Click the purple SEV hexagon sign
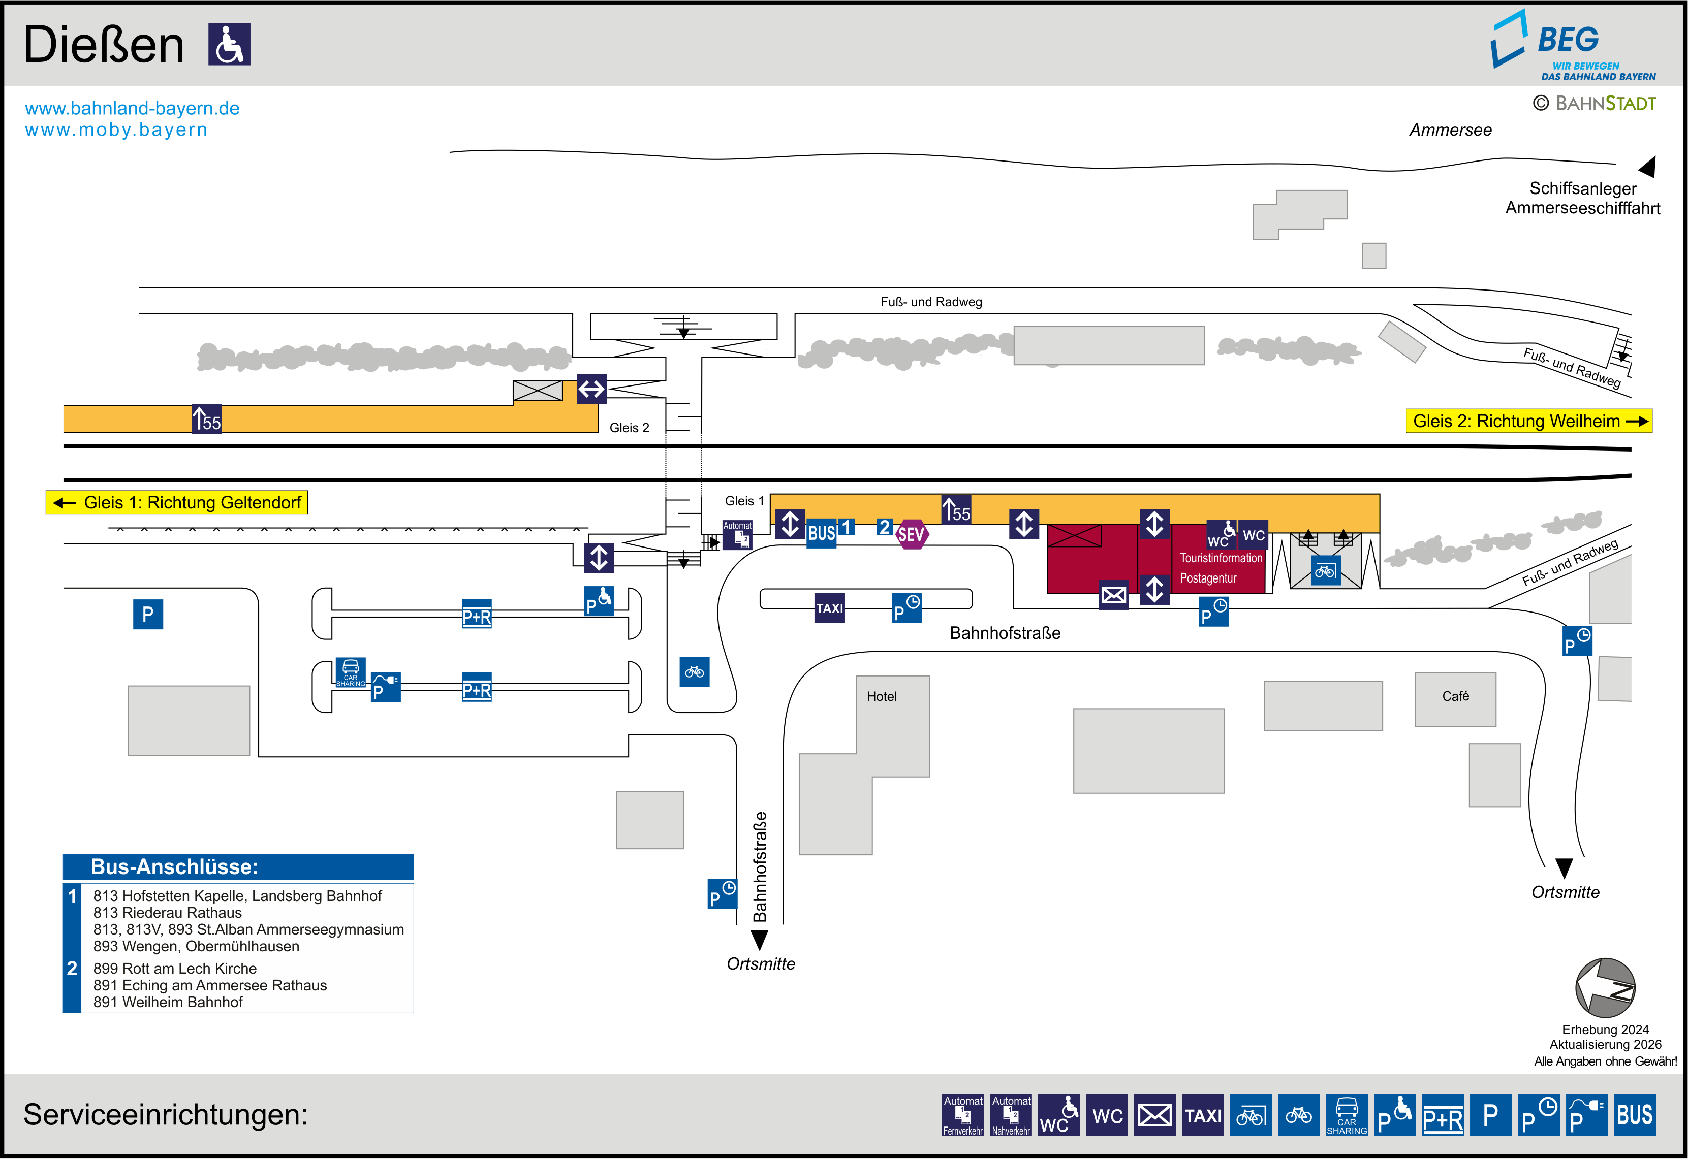click(x=911, y=534)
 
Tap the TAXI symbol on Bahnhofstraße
click(x=829, y=608)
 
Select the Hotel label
click(x=881, y=696)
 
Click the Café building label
click(x=1455, y=696)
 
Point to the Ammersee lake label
click(x=1450, y=130)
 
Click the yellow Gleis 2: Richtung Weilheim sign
click(x=1528, y=421)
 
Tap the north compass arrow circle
click(x=1605, y=988)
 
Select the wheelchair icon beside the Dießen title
click(x=230, y=44)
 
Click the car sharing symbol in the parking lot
click(x=351, y=672)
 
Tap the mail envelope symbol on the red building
click(x=1113, y=595)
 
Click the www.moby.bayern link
click(x=116, y=130)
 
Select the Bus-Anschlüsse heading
click(x=174, y=866)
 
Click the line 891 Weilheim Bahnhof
click(x=168, y=1002)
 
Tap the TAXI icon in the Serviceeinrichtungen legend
click(x=1203, y=1115)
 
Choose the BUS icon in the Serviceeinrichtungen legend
click(x=1634, y=1115)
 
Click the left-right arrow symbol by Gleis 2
click(x=591, y=389)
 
